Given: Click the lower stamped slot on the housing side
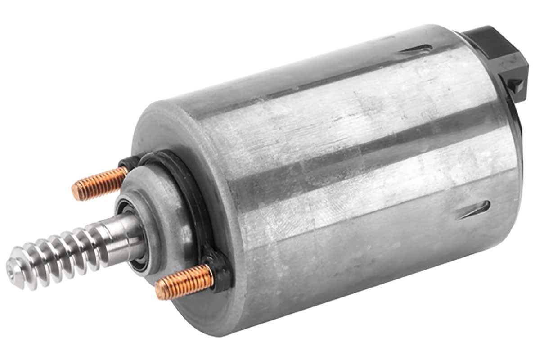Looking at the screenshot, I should click(472, 209).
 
